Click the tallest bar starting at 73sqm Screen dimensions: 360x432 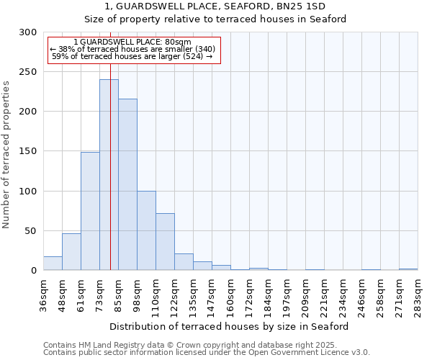[109, 175]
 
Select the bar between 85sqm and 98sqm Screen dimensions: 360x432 [127, 185]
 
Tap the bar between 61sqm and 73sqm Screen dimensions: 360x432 [90, 211]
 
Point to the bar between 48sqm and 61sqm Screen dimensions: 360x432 [71, 252]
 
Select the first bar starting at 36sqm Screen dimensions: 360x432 [53, 264]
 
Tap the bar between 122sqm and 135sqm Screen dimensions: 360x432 [184, 262]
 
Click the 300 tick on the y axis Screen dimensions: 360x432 [28, 32]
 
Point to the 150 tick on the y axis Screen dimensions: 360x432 [28, 151]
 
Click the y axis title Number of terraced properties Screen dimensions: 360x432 [6, 154]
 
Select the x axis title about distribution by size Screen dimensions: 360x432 [230, 326]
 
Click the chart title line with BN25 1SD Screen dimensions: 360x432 [225, 6]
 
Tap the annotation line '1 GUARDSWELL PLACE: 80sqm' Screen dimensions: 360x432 [132, 42]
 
